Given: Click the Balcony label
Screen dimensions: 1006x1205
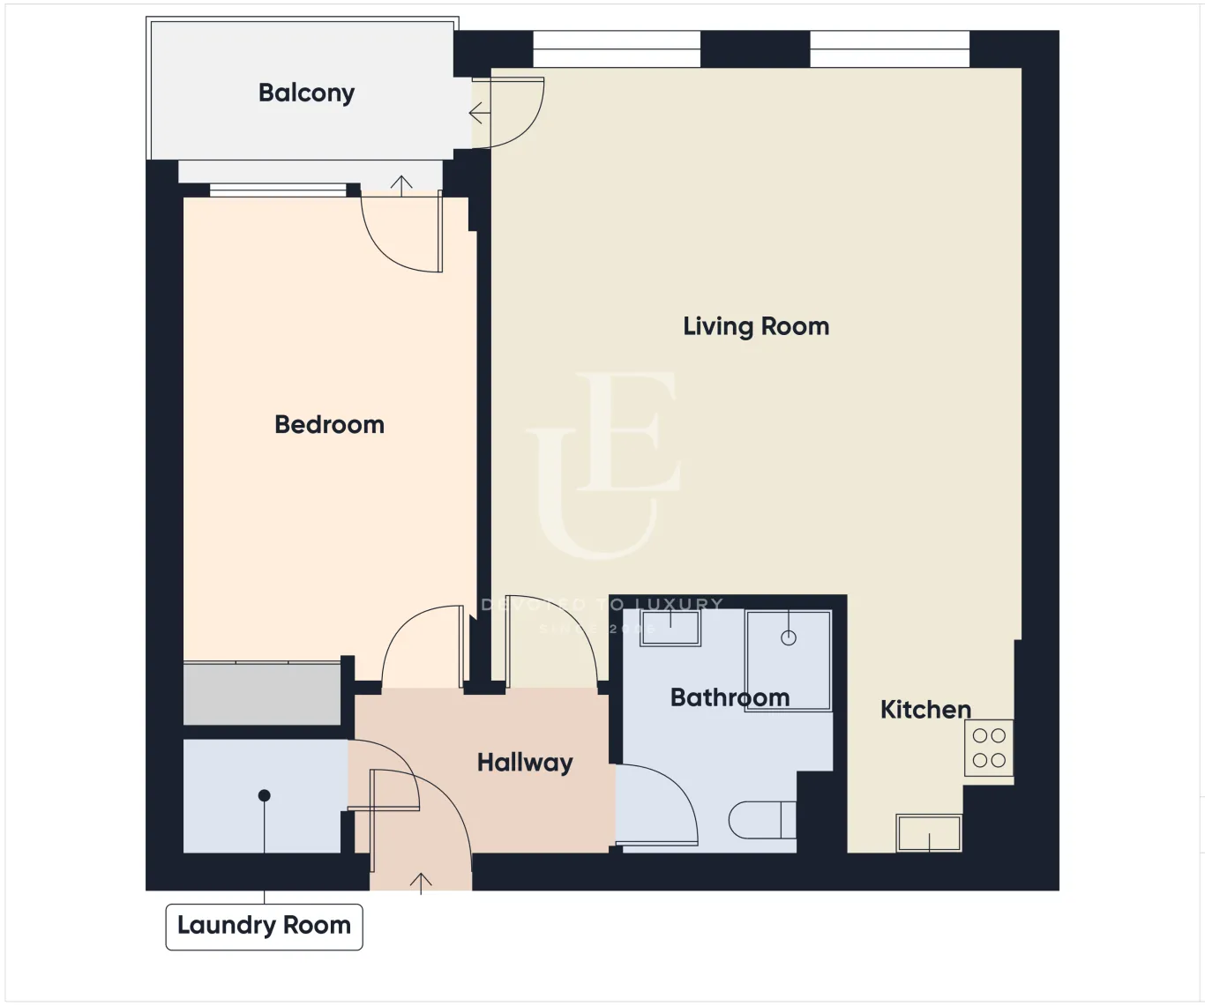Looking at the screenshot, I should (x=306, y=93).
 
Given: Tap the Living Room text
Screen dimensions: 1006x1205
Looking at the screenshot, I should (x=756, y=327).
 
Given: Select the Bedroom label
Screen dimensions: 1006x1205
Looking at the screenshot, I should (x=329, y=425).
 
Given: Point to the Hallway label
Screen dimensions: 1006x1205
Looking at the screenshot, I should (x=525, y=763).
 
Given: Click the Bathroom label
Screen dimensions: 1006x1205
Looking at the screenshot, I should (x=730, y=697).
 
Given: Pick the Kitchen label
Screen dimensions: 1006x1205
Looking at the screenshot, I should (x=925, y=710).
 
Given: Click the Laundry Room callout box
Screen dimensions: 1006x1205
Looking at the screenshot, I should (x=264, y=926).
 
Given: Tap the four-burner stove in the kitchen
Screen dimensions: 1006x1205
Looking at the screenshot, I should (x=989, y=748).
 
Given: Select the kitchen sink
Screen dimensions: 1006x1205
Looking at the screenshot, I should (x=929, y=832).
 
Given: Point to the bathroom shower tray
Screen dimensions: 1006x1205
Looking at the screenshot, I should (x=788, y=659).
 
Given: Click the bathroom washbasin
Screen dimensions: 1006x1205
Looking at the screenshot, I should (x=670, y=628).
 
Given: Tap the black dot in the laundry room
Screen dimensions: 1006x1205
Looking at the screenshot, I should (x=264, y=795).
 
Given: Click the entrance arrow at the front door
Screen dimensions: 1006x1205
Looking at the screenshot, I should (x=421, y=882).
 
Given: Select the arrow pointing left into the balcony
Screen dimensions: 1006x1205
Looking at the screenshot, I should (x=479, y=114).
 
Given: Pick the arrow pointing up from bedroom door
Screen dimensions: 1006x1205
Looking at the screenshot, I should (x=401, y=185).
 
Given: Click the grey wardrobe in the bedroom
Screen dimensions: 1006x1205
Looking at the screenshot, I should (x=262, y=694).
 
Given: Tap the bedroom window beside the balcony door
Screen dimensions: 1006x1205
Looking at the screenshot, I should (x=278, y=190).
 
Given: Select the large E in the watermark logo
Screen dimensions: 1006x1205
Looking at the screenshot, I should (x=627, y=431).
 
